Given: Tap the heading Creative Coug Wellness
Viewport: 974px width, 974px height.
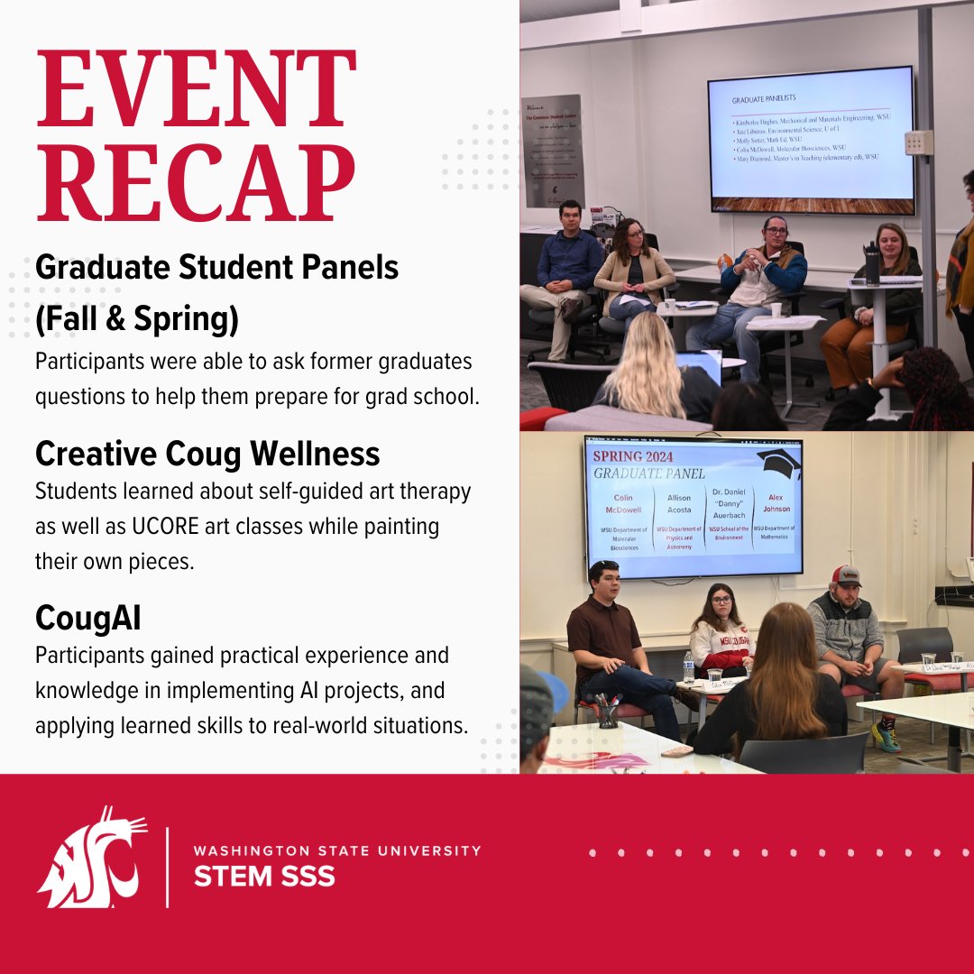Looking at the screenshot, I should tap(207, 454).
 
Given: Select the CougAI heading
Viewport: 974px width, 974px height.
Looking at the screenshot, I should tap(88, 619).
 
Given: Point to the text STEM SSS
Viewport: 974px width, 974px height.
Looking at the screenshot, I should tap(264, 876).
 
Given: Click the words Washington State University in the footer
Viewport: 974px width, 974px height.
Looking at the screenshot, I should tap(337, 850).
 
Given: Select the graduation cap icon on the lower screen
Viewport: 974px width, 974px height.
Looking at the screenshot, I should tap(778, 463).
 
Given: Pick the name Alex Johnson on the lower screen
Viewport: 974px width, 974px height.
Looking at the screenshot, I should tap(777, 502).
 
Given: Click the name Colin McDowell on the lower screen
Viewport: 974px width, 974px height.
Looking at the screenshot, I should tap(623, 503).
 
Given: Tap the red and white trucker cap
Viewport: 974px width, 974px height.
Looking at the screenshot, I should tap(845, 576).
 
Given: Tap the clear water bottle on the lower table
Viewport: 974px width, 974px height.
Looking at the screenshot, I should tap(689, 667).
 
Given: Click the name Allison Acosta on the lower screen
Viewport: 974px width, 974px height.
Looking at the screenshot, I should tap(679, 503).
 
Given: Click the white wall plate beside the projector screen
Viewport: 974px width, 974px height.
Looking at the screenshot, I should tap(919, 142).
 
